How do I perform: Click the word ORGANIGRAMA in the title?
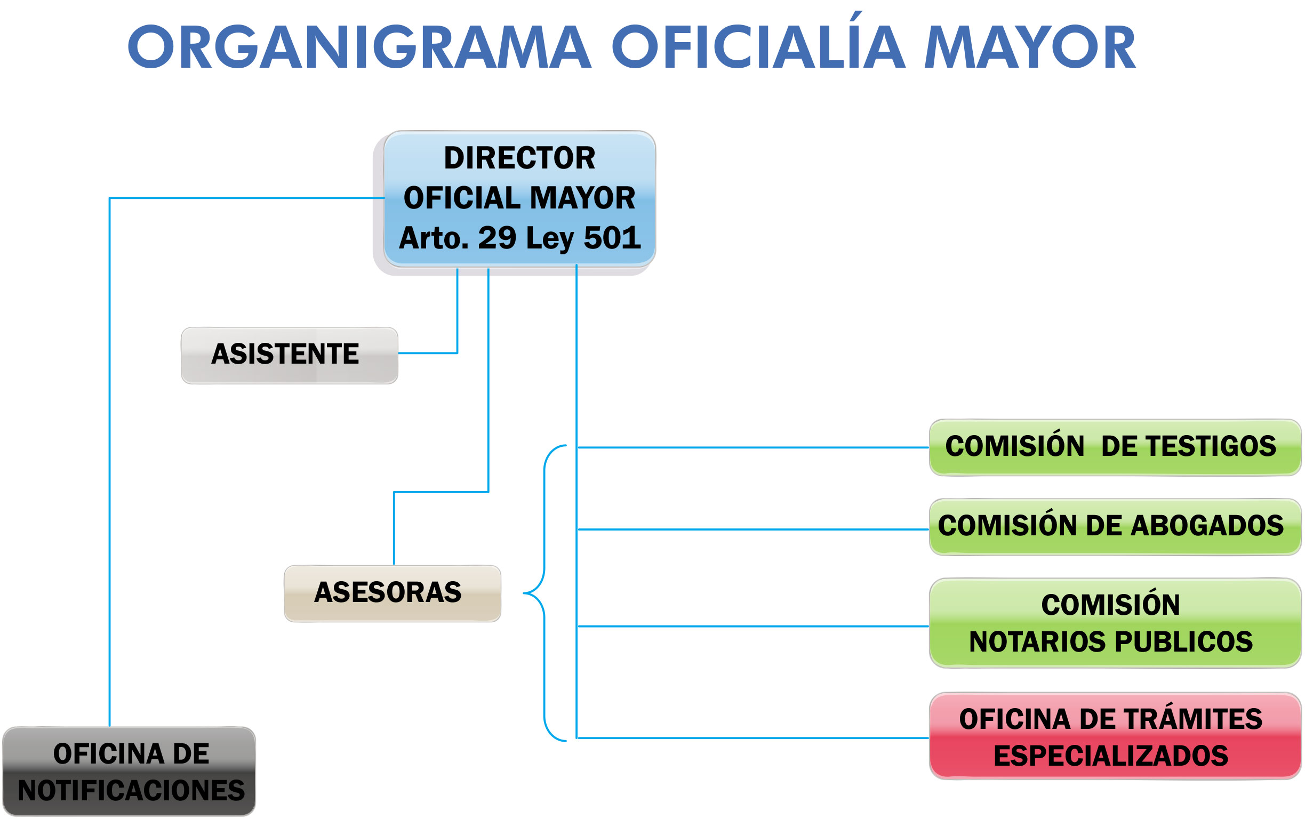point(359,47)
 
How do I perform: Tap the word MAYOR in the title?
point(1029,47)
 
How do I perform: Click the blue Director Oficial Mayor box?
point(519,198)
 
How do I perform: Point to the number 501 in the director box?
point(612,238)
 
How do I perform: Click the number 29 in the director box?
point(497,238)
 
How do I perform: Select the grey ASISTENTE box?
point(289,355)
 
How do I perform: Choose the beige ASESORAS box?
point(392,593)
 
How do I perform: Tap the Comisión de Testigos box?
point(1115,447)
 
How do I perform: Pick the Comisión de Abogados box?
point(1115,527)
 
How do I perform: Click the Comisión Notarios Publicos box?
point(1115,623)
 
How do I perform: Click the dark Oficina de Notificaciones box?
point(129,772)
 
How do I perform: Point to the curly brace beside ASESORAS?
point(544,593)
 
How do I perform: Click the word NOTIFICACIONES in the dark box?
point(131,790)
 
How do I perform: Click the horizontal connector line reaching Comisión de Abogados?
point(754,529)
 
